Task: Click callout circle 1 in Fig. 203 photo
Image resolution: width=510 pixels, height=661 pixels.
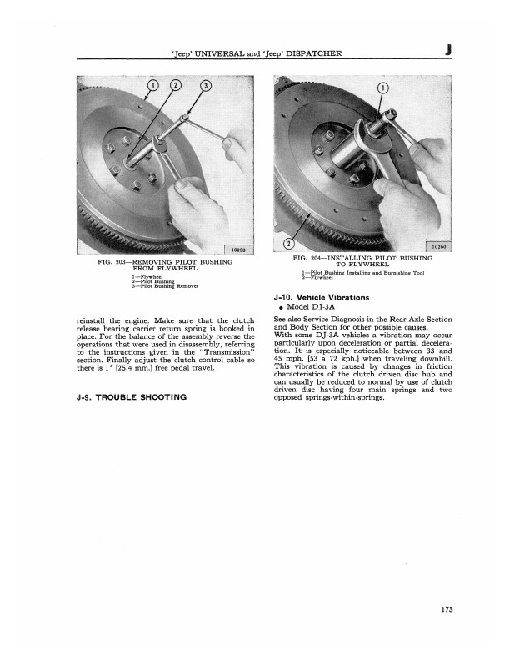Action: tap(152, 85)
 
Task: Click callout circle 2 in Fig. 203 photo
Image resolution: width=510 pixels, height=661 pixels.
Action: tap(177, 85)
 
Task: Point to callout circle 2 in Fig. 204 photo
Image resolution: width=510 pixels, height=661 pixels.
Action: tap(288, 244)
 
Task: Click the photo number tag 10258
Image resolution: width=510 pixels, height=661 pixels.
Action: tap(237, 247)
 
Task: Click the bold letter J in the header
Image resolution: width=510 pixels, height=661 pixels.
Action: tap(448, 53)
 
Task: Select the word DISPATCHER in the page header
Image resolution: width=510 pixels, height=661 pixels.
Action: tap(315, 55)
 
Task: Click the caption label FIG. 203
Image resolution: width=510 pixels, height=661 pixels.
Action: tap(112, 262)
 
